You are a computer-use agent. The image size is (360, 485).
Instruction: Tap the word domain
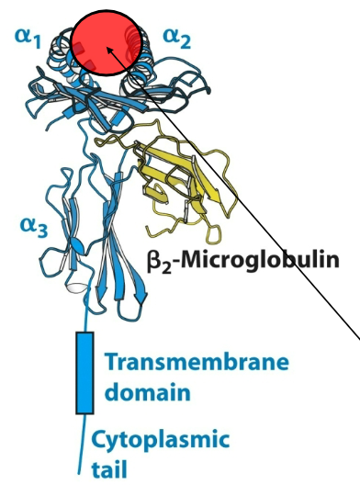[146, 393]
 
